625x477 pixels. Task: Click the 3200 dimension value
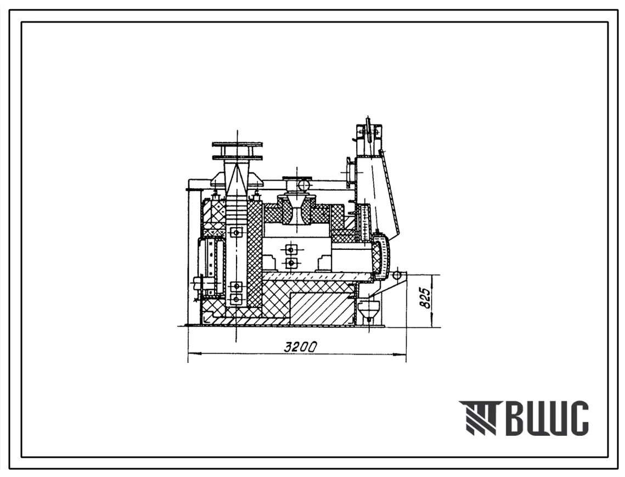(x=301, y=347)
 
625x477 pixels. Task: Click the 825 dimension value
(x=426, y=298)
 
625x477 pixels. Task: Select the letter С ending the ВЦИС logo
(x=576, y=418)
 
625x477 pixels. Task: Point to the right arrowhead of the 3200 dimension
(x=400, y=353)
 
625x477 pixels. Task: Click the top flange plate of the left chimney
(x=238, y=144)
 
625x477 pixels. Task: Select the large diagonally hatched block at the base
(x=323, y=307)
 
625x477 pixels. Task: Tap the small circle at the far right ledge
(x=396, y=276)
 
